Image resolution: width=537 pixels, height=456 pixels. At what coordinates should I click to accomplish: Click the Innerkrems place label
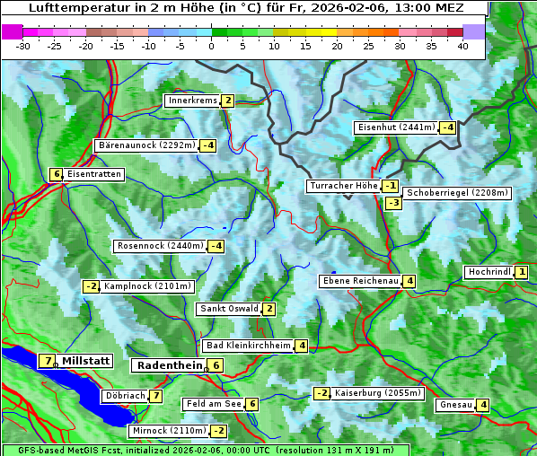point(192,101)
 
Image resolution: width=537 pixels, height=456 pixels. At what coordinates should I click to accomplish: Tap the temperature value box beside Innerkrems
point(228,101)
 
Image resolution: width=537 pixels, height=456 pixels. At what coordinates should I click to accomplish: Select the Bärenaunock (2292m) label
point(146,145)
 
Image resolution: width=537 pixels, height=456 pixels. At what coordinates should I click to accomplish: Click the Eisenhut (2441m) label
point(395,127)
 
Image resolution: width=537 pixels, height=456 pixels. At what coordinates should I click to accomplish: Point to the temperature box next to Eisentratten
point(56,174)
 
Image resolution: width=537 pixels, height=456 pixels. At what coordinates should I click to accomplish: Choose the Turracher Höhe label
point(343,186)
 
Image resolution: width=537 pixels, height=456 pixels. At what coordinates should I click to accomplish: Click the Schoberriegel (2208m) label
point(458,193)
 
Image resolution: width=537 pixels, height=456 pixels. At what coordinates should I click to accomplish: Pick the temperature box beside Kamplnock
point(91,286)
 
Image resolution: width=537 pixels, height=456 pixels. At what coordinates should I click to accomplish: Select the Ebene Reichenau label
point(360,281)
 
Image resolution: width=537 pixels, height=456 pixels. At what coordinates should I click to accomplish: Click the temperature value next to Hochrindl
point(522,272)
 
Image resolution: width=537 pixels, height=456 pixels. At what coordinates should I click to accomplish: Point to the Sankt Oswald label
point(228,309)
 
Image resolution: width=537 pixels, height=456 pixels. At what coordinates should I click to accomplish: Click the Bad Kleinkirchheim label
point(248,346)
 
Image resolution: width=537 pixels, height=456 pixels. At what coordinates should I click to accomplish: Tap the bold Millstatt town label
point(86,361)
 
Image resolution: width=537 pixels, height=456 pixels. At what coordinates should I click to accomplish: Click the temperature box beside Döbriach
point(156,396)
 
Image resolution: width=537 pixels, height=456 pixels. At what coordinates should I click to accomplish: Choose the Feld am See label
point(213,405)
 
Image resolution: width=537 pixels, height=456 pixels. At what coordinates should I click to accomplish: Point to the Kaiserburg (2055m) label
point(377,393)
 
